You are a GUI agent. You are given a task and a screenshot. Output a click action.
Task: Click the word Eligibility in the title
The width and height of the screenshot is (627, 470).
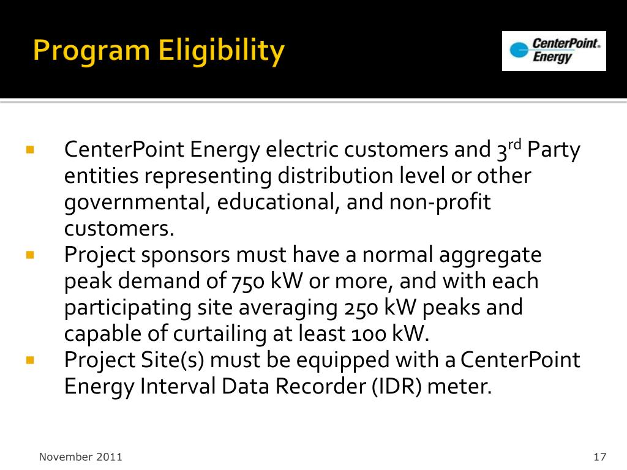[x=221, y=51]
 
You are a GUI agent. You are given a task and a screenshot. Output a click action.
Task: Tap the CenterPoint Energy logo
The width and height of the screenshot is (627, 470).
[x=554, y=51]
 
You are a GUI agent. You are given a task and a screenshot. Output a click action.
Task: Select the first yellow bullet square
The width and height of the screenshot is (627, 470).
[x=29, y=149]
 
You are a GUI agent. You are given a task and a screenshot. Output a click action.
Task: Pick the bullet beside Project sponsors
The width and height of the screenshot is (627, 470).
[x=29, y=254]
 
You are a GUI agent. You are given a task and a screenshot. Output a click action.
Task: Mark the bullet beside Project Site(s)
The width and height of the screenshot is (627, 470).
[x=29, y=360]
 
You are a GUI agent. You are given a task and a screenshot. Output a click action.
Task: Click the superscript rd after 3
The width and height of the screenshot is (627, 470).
[x=515, y=145]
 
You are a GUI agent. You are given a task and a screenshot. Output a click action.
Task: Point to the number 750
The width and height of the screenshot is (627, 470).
[x=246, y=282]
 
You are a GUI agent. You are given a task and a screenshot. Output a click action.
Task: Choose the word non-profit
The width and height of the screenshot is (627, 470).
[x=440, y=203]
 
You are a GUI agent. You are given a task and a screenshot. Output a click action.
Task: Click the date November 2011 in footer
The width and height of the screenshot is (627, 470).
[x=81, y=457]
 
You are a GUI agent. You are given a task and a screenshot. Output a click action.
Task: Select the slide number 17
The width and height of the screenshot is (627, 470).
[x=599, y=457]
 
